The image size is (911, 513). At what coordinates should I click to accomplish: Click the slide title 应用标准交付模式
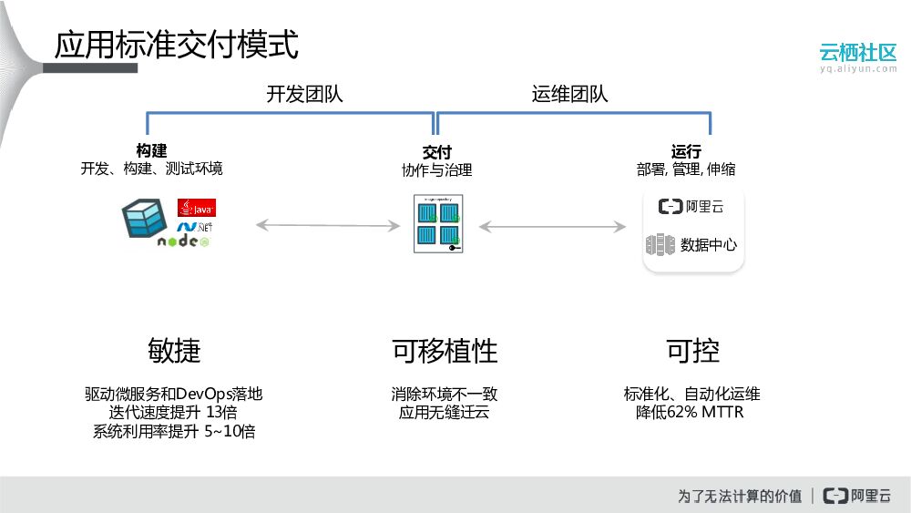click(x=176, y=45)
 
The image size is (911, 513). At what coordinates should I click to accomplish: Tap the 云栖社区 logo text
click(x=858, y=52)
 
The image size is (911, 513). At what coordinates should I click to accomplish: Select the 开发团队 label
click(x=305, y=95)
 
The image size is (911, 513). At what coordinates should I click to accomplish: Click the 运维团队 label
click(x=570, y=95)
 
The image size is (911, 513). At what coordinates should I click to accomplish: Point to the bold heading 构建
click(x=151, y=151)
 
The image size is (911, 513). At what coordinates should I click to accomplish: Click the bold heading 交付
click(x=437, y=152)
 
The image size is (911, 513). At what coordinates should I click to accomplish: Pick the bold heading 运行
click(x=686, y=151)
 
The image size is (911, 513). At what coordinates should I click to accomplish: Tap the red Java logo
click(x=196, y=208)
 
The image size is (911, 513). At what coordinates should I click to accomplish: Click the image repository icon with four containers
click(x=437, y=224)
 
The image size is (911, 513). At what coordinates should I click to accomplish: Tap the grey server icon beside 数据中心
click(x=660, y=244)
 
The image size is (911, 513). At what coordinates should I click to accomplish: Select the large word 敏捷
click(x=174, y=351)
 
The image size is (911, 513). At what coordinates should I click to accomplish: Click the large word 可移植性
click(x=445, y=351)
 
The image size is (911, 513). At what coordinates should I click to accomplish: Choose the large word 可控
click(x=692, y=351)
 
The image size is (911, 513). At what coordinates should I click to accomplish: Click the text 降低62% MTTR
click(x=691, y=413)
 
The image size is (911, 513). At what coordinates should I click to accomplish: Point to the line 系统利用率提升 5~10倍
click(x=174, y=432)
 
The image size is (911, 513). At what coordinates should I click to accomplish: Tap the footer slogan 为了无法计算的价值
click(x=740, y=496)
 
